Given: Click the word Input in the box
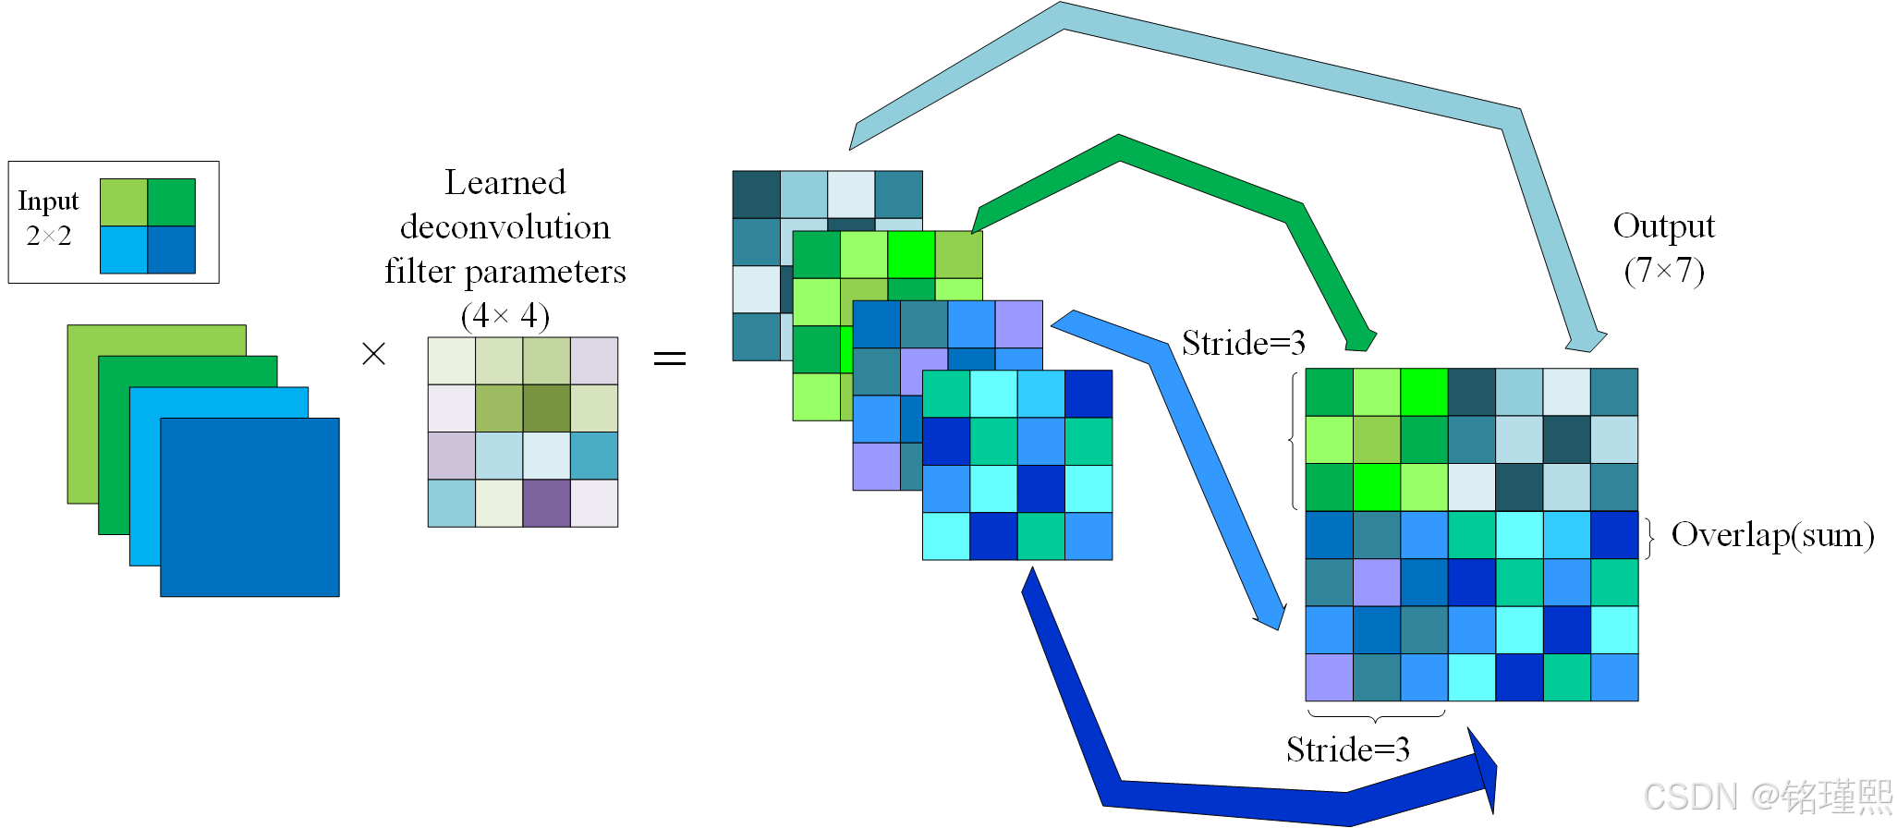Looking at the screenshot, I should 48,201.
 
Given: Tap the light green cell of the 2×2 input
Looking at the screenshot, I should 124,202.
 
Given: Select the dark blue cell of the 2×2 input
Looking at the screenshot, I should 172,250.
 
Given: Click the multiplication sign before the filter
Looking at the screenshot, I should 373,354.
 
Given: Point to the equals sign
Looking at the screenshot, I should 670,358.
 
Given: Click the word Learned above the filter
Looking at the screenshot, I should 505,182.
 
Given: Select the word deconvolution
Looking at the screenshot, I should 505,227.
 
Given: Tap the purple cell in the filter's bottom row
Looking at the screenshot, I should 547,504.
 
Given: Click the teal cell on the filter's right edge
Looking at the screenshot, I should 594,456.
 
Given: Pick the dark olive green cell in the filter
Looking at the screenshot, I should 547,408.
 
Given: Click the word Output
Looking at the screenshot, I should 1663,226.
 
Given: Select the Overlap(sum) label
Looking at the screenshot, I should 1772,535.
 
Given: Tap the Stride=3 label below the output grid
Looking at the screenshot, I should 1347,749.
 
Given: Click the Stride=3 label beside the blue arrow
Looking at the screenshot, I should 1243,344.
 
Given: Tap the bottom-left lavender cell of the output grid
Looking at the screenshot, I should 1329,677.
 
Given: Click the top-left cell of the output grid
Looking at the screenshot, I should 1329,392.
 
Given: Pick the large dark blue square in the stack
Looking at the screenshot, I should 249,507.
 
